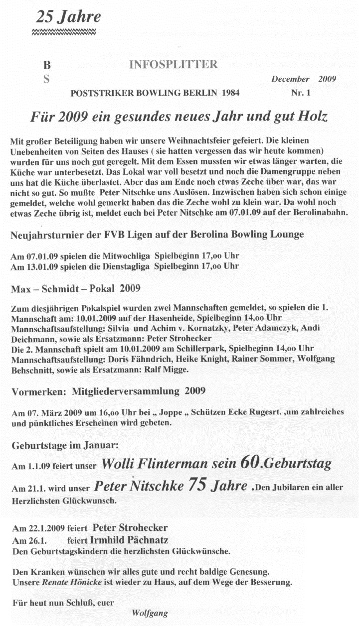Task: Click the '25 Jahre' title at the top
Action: [x=68, y=17]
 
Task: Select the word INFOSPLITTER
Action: [x=173, y=65]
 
